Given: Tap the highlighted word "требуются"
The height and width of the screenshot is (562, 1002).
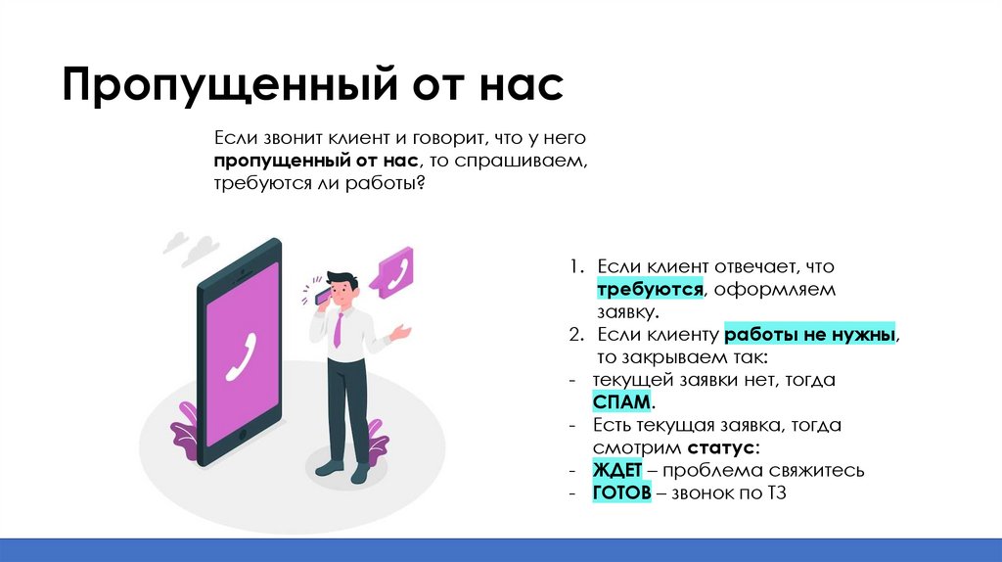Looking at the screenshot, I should [x=650, y=291].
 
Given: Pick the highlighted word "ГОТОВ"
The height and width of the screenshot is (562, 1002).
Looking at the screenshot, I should [x=621, y=493].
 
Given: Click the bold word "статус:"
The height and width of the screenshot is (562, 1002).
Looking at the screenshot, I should [x=722, y=448].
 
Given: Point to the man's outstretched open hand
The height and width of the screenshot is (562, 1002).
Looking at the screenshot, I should [x=401, y=333].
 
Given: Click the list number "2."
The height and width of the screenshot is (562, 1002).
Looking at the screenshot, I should [x=578, y=335].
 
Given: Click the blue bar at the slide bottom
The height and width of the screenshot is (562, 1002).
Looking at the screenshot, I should [x=501, y=549].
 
